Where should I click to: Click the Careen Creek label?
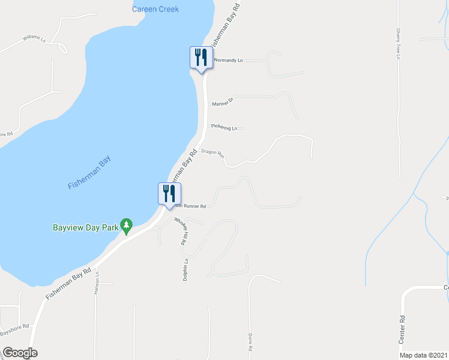[155, 8]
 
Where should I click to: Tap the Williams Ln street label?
[34, 38]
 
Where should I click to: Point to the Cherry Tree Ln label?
[397, 44]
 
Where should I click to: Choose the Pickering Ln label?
[224, 127]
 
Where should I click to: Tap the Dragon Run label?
[212, 154]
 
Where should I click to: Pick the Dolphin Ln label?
[186, 269]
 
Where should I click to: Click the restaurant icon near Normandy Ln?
[201, 58]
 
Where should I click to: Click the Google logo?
[19, 353]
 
